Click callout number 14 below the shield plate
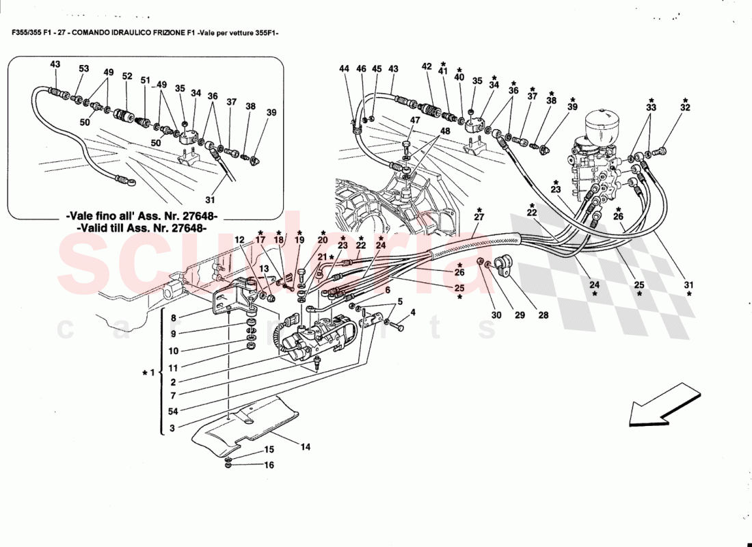click(x=305, y=447)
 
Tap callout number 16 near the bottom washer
click(x=269, y=465)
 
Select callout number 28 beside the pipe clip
click(x=543, y=315)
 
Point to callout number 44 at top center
click(x=344, y=69)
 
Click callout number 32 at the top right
click(x=686, y=107)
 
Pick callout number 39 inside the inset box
click(x=271, y=113)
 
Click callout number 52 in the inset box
click(x=127, y=77)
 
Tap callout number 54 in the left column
click(x=174, y=412)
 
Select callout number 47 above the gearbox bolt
click(x=414, y=120)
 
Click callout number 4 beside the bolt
click(x=413, y=313)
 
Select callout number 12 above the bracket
click(x=239, y=240)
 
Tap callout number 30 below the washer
click(x=496, y=315)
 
